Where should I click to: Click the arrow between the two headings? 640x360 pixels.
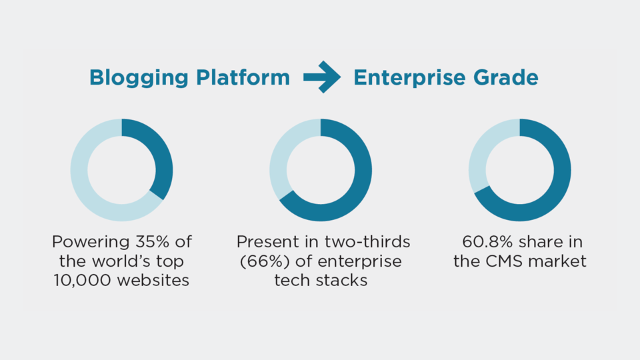321,77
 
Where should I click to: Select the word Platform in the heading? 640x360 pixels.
243,77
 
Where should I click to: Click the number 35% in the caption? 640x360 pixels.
152,241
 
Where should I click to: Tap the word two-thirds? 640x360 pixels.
367,241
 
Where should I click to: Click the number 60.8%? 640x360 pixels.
487,241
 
